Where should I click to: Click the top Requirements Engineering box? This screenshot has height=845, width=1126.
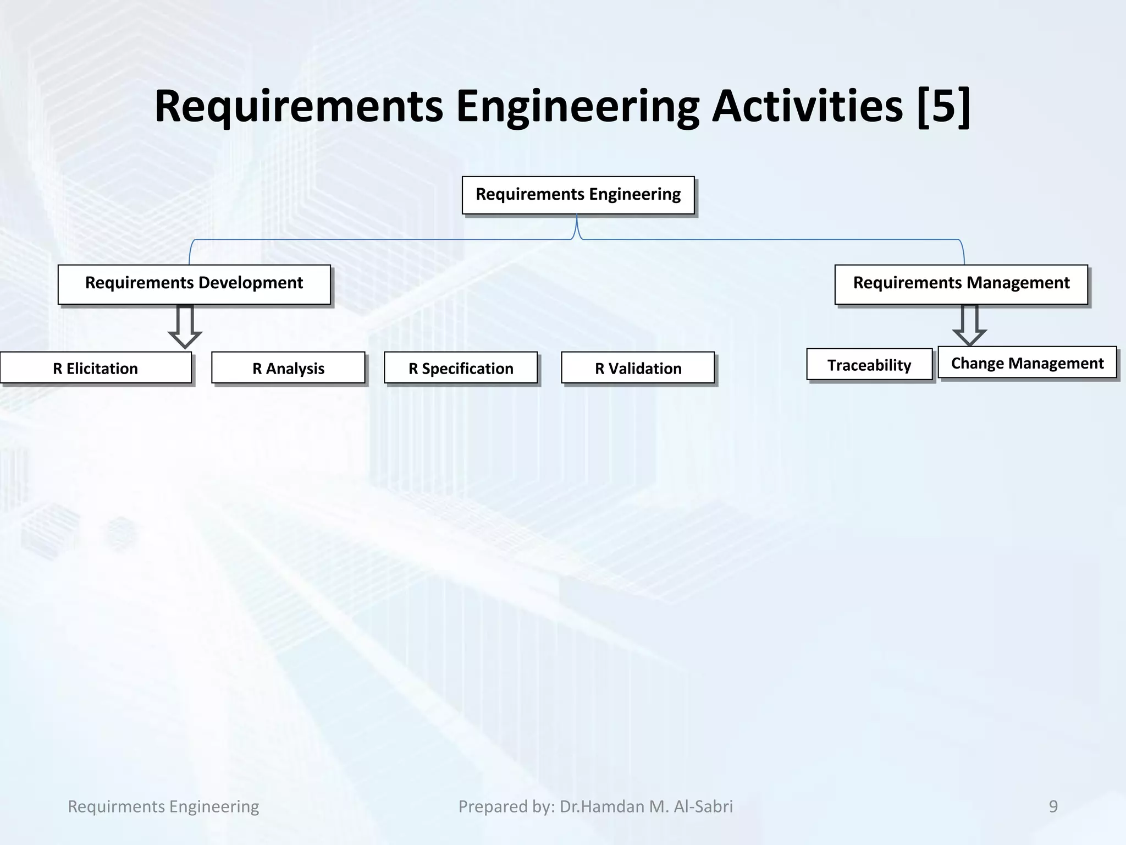[578, 195]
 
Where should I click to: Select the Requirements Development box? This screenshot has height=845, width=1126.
[194, 284]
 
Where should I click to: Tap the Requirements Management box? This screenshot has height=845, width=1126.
[961, 284]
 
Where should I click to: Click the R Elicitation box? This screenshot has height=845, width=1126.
[96, 368]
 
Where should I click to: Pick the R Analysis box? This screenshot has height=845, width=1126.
[288, 368]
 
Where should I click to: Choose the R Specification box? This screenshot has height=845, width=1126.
[461, 368]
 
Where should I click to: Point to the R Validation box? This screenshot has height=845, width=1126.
[638, 368]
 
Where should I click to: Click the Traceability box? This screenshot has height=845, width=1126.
[869, 365]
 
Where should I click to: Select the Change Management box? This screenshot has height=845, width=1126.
[1027, 363]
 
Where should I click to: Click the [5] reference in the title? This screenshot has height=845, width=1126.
[943, 106]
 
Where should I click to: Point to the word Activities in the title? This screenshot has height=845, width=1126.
[807, 106]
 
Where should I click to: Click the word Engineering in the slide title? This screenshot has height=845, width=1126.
[577, 106]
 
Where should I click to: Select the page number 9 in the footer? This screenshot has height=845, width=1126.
[1053, 806]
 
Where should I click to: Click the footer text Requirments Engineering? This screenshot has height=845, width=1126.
[163, 806]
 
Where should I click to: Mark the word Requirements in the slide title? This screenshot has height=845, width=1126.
[299, 106]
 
